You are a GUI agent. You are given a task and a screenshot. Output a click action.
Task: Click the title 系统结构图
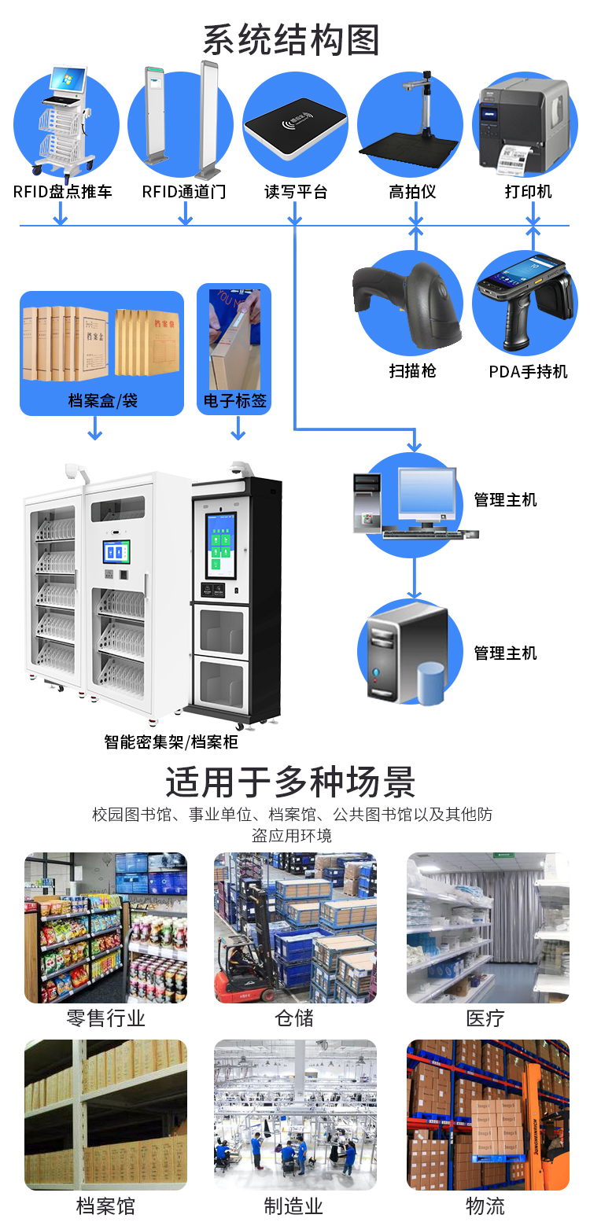click(291, 39)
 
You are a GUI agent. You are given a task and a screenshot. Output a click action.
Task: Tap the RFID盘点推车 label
click(63, 191)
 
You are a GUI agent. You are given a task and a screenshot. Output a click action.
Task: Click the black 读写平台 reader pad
click(295, 130)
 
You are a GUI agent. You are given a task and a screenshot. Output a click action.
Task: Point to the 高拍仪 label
click(412, 191)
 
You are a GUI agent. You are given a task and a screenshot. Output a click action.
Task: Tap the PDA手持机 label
click(528, 371)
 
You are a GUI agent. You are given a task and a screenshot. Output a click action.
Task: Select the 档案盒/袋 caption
click(102, 401)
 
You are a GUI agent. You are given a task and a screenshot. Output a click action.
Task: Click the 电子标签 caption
click(235, 401)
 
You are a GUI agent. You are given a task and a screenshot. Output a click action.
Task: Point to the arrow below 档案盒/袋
click(94, 429)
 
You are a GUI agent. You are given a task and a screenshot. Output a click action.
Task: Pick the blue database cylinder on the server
click(430, 683)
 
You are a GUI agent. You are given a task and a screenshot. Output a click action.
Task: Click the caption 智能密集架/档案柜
click(171, 742)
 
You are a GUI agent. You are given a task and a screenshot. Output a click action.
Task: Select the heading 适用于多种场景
click(290, 782)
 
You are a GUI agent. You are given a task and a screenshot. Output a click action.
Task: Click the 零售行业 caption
click(106, 1018)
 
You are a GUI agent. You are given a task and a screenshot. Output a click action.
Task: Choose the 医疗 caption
click(485, 1018)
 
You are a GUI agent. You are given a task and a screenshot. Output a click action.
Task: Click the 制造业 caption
click(293, 1205)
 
